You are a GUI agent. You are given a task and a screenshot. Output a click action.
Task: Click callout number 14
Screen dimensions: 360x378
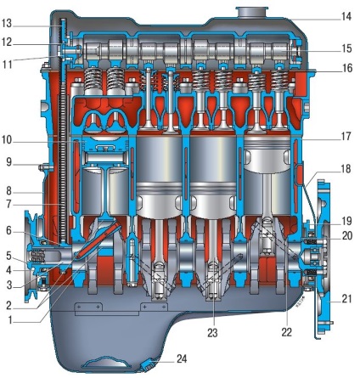coord(346,17)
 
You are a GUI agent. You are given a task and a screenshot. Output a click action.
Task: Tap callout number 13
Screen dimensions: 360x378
coord(7,24)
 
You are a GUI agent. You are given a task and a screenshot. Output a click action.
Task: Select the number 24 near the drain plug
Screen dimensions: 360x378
coord(182,358)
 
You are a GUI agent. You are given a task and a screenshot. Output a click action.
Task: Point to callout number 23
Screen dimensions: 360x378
coord(212,333)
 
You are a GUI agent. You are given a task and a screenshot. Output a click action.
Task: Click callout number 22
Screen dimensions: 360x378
coord(287,332)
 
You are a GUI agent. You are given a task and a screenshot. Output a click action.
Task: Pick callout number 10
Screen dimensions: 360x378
coord(7,140)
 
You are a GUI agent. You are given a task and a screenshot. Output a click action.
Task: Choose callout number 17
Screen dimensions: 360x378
coord(346,137)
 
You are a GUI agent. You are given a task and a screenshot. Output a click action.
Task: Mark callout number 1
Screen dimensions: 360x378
coord(10,320)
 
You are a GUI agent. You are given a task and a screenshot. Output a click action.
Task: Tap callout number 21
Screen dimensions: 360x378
coord(346,299)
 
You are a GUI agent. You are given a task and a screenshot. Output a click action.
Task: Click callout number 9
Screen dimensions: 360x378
coord(9,162)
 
